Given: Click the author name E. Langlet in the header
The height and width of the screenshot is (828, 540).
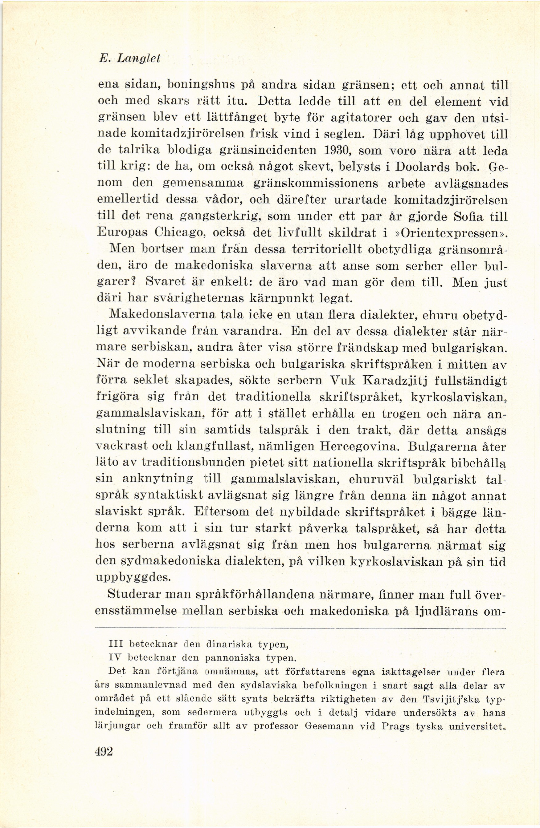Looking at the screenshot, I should click(130, 58).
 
